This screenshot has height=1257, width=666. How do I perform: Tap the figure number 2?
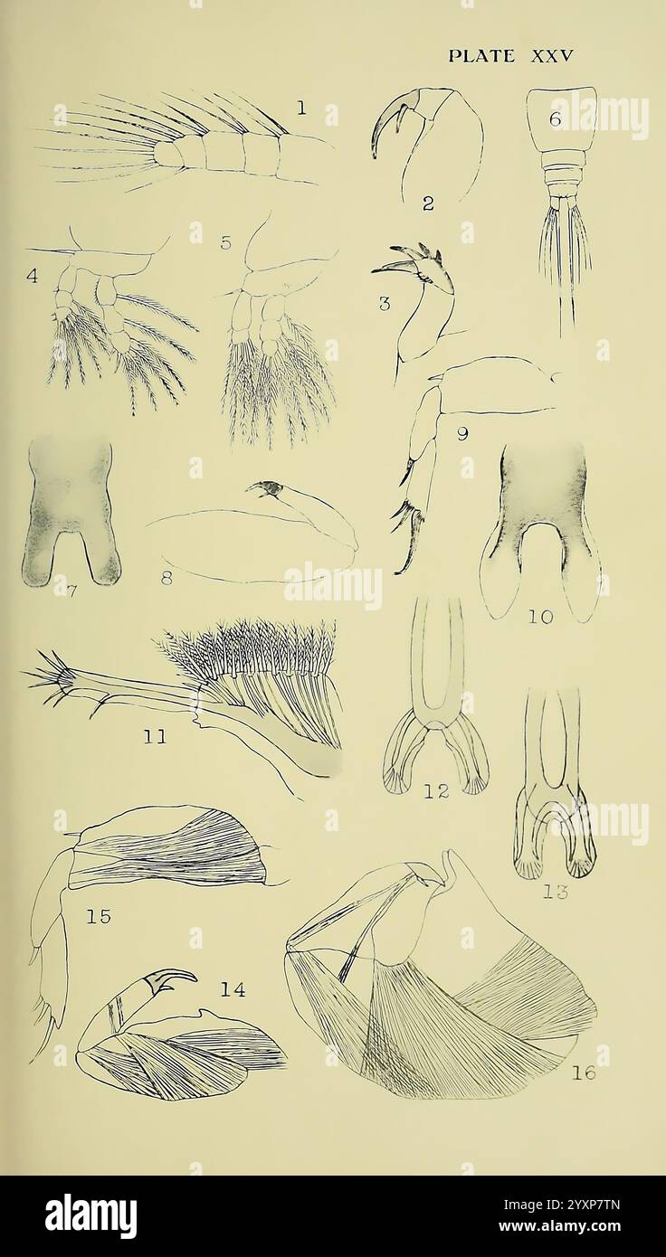pos(428,204)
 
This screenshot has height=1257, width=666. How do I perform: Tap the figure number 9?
pos(461,434)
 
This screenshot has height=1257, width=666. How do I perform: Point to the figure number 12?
pos(436,791)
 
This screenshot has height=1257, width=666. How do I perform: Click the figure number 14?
pos(233,990)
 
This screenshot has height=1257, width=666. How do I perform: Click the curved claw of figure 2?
pos(385,131)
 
